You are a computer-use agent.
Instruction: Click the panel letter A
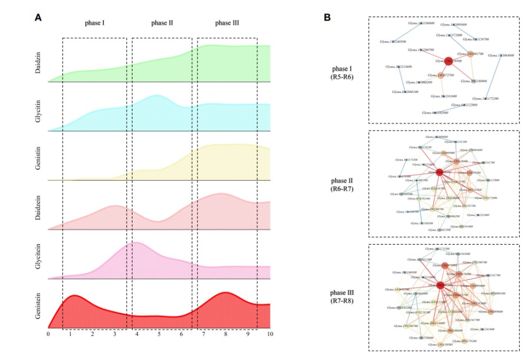click(38, 18)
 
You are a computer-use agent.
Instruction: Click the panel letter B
click(327, 18)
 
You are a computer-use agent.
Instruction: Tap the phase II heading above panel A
click(162, 24)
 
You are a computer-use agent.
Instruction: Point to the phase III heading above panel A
click(227, 24)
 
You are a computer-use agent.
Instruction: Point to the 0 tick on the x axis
click(48, 334)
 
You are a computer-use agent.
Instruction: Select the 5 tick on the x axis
click(159, 334)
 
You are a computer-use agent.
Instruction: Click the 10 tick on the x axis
click(270, 334)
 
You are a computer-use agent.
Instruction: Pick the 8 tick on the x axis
click(225, 334)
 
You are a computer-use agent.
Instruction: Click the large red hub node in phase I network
click(449, 61)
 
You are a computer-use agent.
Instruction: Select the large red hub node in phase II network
click(439, 172)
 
